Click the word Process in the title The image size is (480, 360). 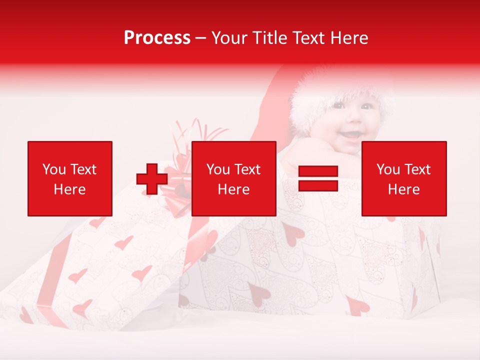coord(157,38)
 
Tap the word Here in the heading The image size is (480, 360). coord(347,38)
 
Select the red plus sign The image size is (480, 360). coord(152,179)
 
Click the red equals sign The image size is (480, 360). coord(318,178)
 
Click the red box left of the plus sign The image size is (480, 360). coord(69,178)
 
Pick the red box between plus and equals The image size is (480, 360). coord(233,178)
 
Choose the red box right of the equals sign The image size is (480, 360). coord(403,178)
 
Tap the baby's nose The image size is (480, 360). coord(352,120)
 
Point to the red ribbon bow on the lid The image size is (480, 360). coord(180,172)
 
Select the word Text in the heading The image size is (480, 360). coord(308,38)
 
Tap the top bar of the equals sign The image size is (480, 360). coord(318,171)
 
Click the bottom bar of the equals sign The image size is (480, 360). coord(318,185)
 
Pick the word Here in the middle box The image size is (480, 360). coord(233,189)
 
